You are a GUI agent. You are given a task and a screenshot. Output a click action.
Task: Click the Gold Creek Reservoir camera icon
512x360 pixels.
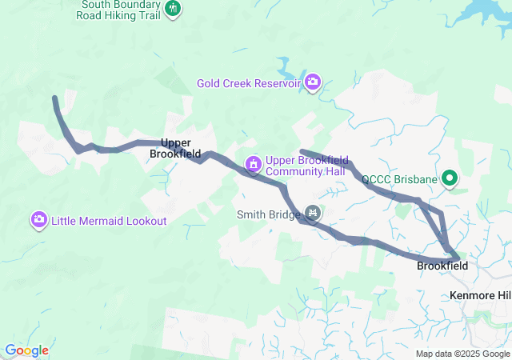(x=313, y=82)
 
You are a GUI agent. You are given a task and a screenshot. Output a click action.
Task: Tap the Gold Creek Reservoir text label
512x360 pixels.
(x=249, y=82)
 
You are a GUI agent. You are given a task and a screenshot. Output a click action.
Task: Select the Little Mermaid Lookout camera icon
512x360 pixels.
(x=39, y=219)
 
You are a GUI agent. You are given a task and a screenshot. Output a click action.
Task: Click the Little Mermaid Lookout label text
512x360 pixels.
(x=110, y=220)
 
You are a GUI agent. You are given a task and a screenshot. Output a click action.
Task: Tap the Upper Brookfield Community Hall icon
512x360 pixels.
(x=254, y=165)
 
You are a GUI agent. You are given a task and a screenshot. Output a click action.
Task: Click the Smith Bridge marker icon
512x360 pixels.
(x=313, y=214)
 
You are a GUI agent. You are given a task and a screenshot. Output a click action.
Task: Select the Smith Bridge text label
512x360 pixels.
(x=267, y=214)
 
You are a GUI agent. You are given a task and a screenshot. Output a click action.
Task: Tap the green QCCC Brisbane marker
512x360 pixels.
(x=450, y=178)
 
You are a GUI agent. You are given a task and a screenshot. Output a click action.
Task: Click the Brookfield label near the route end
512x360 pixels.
(x=442, y=266)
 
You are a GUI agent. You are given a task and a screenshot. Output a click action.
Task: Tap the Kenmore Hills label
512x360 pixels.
(x=480, y=296)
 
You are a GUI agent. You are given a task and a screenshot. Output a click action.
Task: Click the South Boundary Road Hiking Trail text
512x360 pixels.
(x=120, y=9)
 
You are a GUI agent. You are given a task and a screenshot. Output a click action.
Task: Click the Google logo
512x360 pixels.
(x=26, y=350)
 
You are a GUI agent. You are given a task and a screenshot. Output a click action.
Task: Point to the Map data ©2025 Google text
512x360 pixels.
(x=462, y=354)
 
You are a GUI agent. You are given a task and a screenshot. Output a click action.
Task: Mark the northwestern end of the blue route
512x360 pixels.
(x=54, y=98)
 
